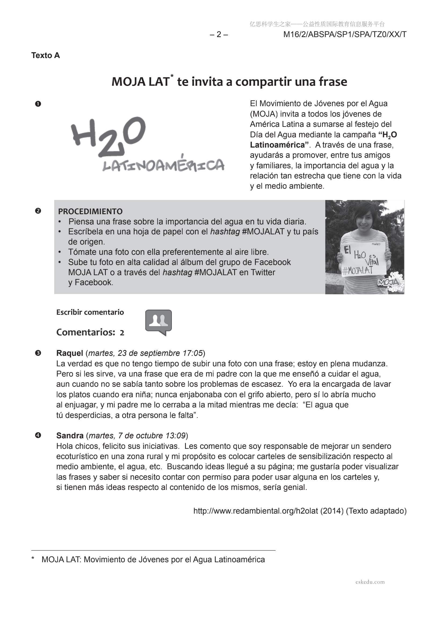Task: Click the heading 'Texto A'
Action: (x=45, y=55)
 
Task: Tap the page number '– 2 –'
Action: (x=219, y=35)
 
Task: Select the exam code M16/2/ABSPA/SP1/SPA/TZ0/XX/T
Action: (x=345, y=35)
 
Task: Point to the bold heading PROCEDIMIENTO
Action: (x=90, y=211)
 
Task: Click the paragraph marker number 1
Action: (x=38, y=104)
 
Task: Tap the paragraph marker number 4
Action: (x=38, y=435)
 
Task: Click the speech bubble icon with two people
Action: (x=158, y=322)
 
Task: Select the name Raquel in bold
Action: (x=70, y=353)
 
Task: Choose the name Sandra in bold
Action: (x=70, y=435)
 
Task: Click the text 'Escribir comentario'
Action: (x=90, y=312)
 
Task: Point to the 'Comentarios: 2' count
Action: (x=90, y=332)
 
